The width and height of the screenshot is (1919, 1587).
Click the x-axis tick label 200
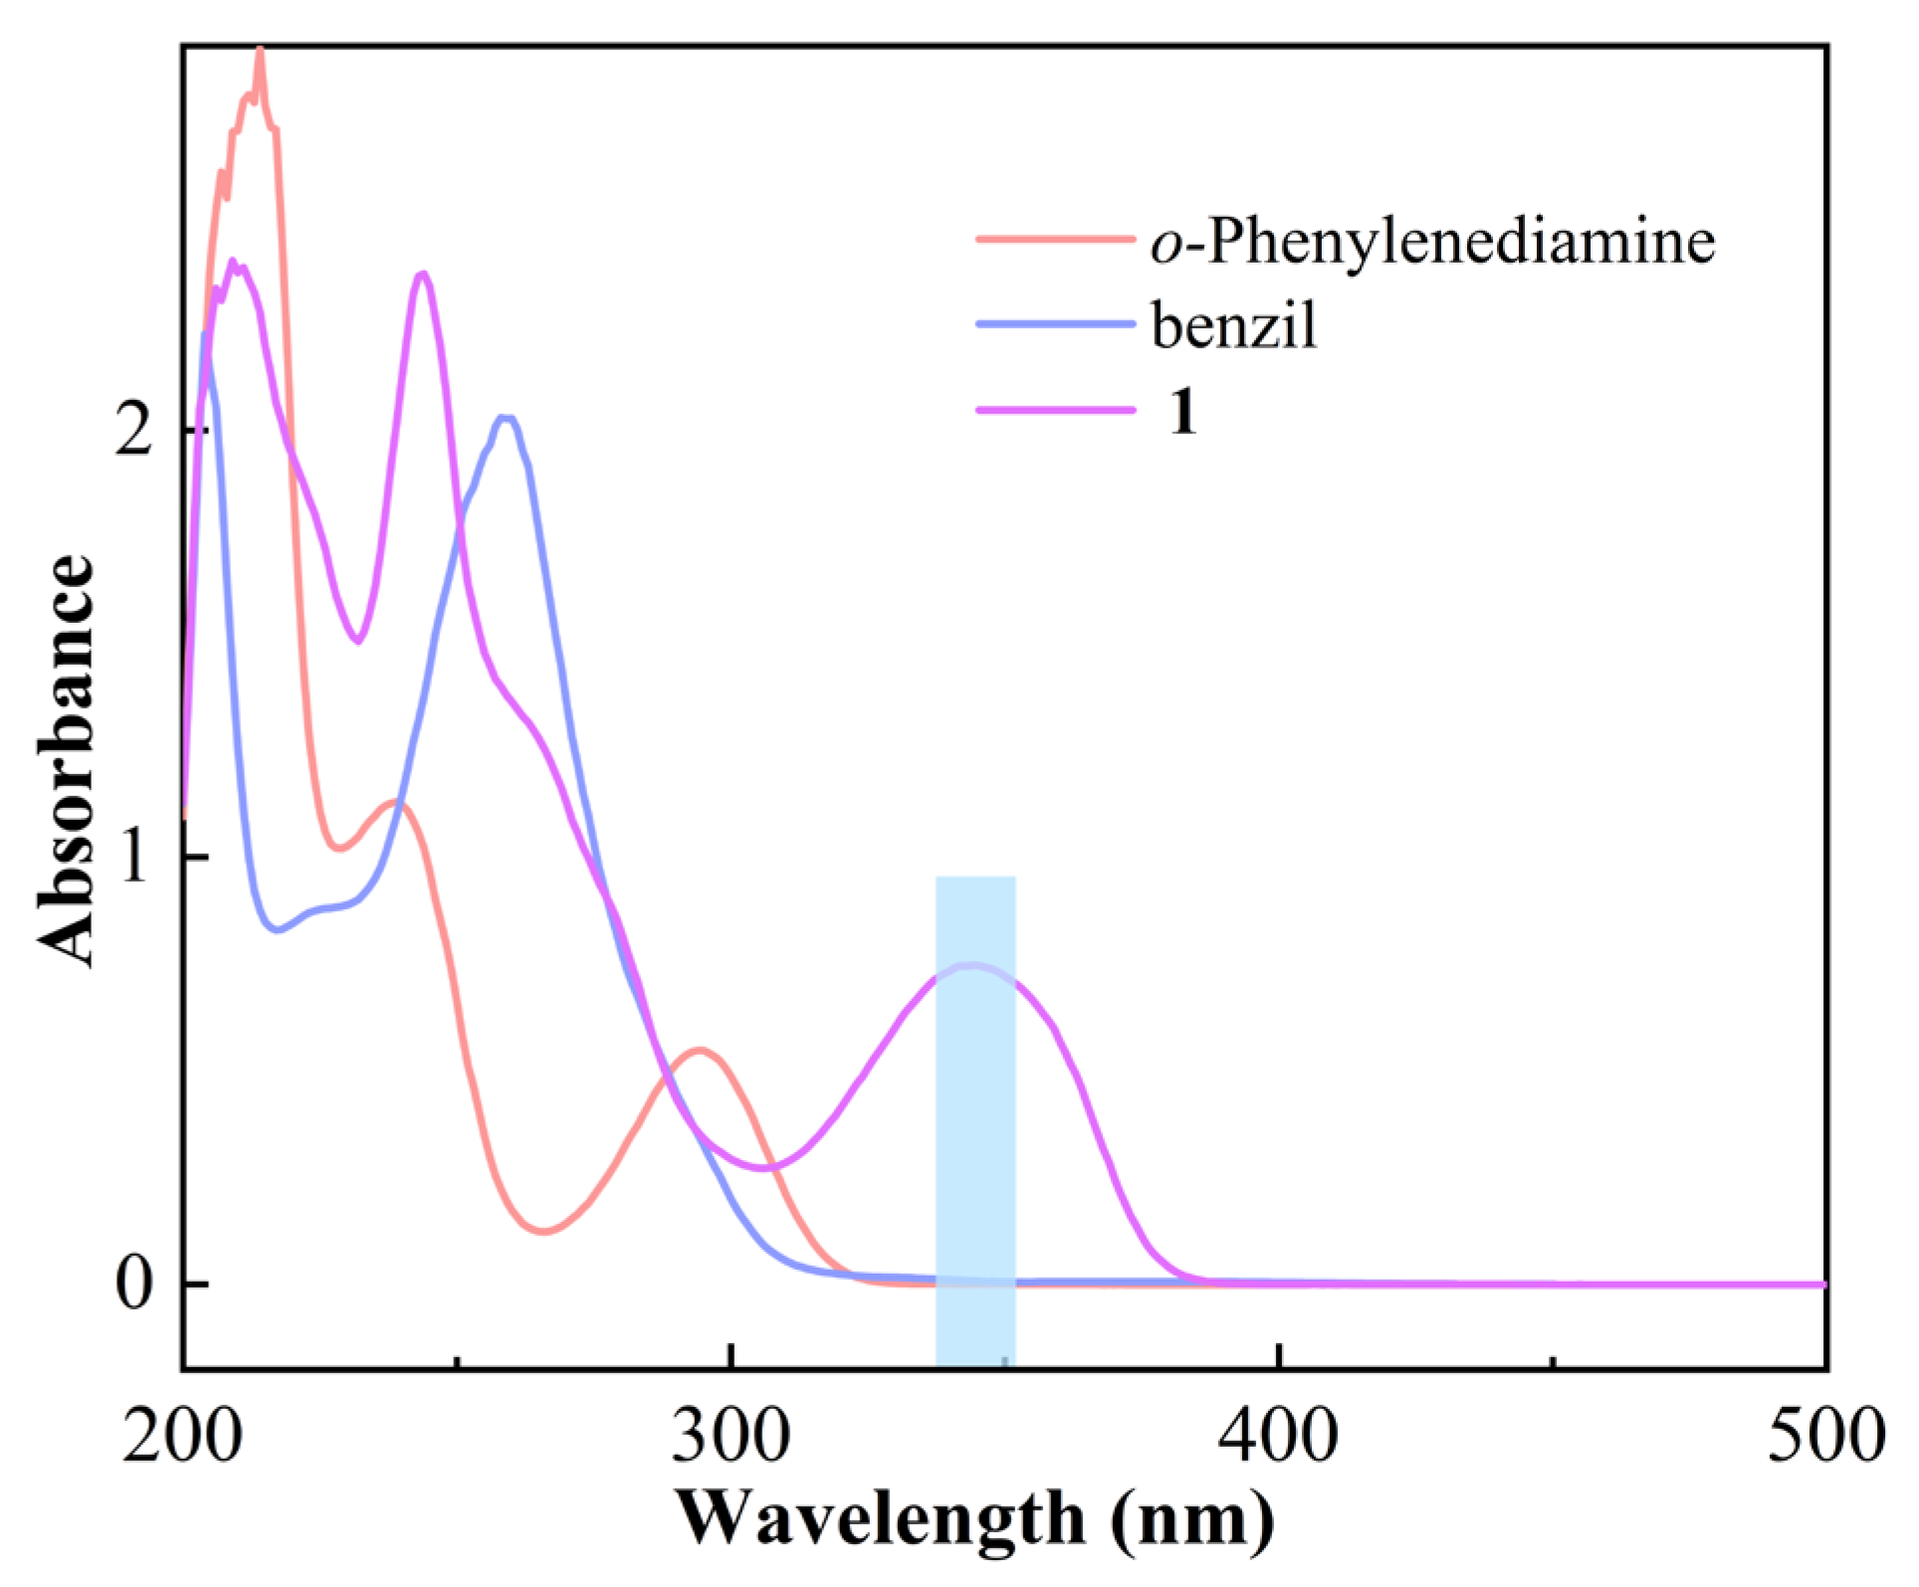point(182,1437)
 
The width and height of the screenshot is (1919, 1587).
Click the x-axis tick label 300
point(731,1437)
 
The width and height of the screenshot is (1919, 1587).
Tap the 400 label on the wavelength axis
point(1278,1437)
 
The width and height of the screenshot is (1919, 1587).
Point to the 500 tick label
point(1824,1437)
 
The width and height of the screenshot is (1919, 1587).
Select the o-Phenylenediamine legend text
point(1432,242)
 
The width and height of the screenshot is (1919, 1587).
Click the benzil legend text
point(1234,325)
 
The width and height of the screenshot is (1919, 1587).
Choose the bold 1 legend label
point(1182,410)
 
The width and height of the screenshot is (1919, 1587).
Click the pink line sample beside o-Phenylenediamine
point(1055,239)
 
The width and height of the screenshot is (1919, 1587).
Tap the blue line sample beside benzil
point(1055,323)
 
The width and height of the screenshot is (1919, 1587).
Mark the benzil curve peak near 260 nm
point(506,418)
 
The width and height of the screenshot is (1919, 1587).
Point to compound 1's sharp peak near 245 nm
point(423,274)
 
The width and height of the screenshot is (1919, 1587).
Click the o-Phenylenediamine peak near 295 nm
point(700,1050)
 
